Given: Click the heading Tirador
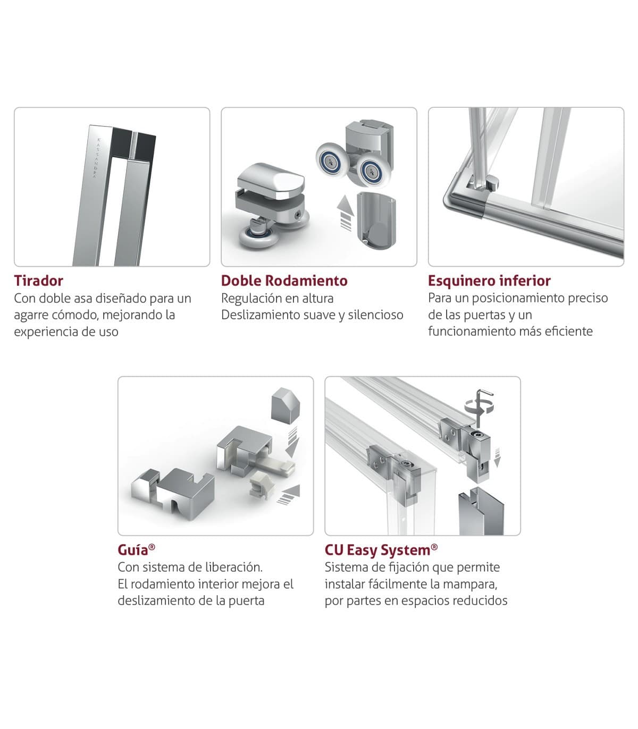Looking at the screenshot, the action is coord(38,281).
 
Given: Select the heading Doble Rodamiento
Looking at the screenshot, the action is coord(284,281).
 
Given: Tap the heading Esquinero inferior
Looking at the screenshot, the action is coord(489,281).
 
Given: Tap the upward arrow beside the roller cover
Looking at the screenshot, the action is coord(346,213).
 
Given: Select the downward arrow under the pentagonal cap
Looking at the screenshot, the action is coord(292,442).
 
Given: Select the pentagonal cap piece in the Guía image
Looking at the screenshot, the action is coord(285,405).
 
